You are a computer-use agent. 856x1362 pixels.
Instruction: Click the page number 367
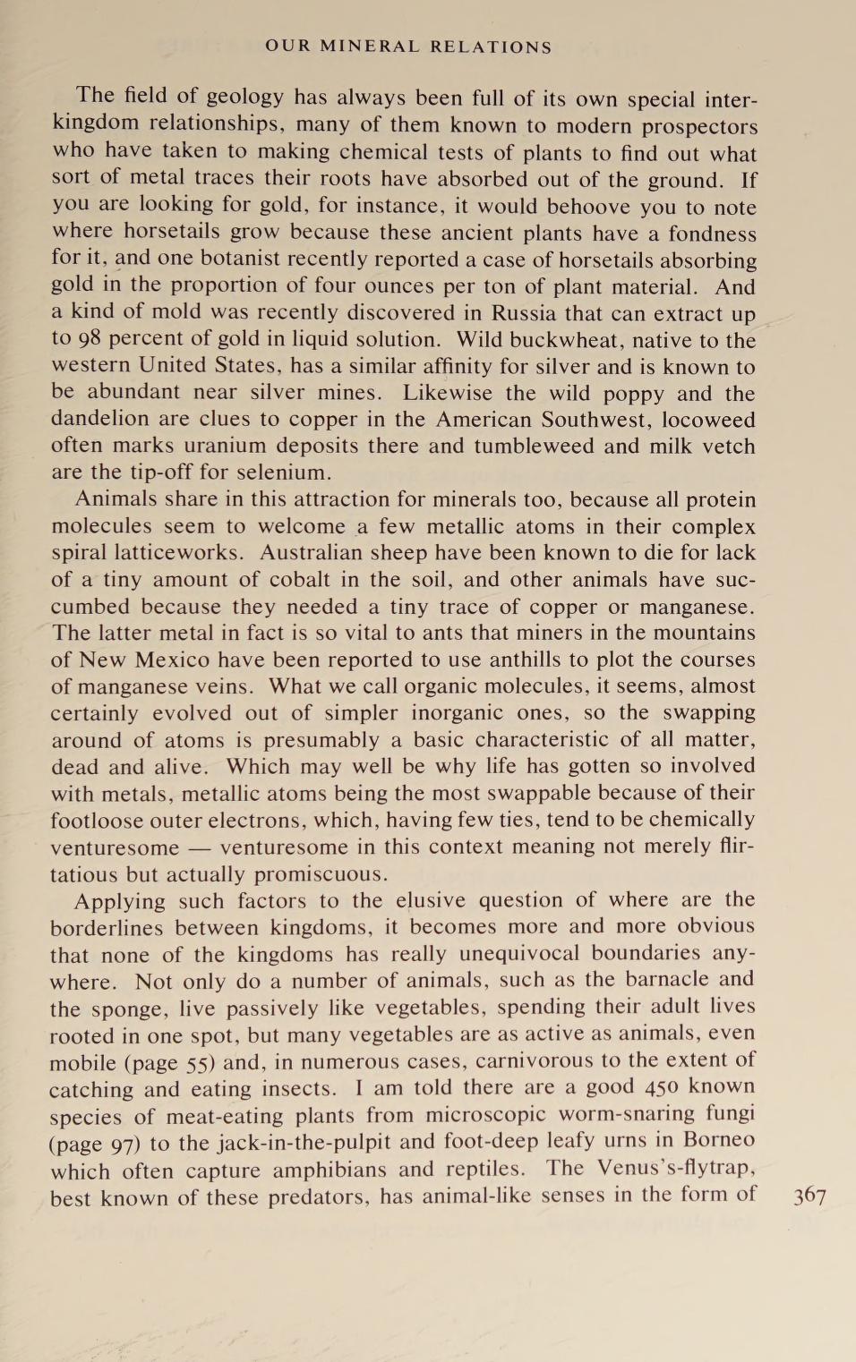click(x=809, y=1196)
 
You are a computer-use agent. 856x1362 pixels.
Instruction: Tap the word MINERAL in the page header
click(x=369, y=47)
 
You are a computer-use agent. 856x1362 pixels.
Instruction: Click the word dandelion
click(x=100, y=420)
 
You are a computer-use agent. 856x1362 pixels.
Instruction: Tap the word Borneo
click(x=719, y=1140)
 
